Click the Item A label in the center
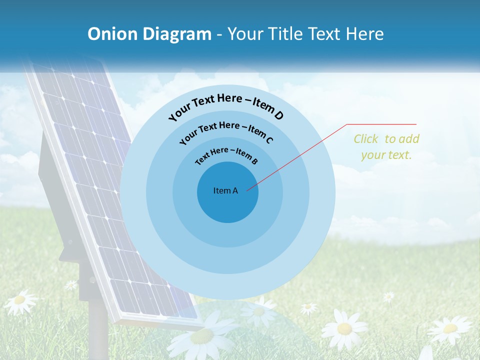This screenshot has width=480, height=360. (225, 190)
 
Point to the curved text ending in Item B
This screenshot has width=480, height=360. (226, 155)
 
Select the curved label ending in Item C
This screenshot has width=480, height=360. (226, 132)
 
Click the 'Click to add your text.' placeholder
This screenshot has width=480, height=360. (386, 147)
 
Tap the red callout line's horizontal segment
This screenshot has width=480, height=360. (382, 124)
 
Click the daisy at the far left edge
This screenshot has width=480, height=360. (19, 300)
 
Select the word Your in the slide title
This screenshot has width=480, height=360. (246, 34)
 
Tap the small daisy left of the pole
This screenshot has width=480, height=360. (71, 284)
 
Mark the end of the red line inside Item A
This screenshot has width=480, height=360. (247, 190)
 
